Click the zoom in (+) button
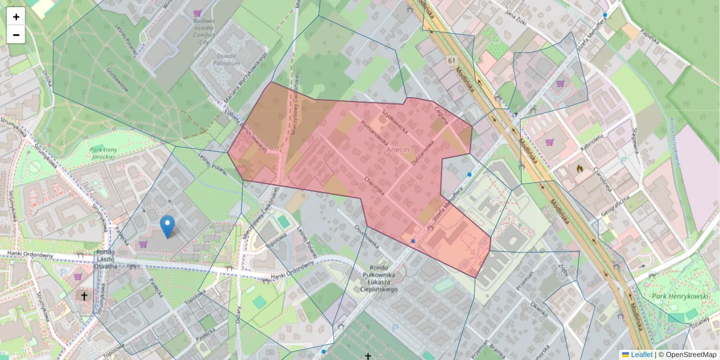point(16,17)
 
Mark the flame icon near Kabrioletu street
point(580,169)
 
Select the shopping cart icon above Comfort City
point(197,13)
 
